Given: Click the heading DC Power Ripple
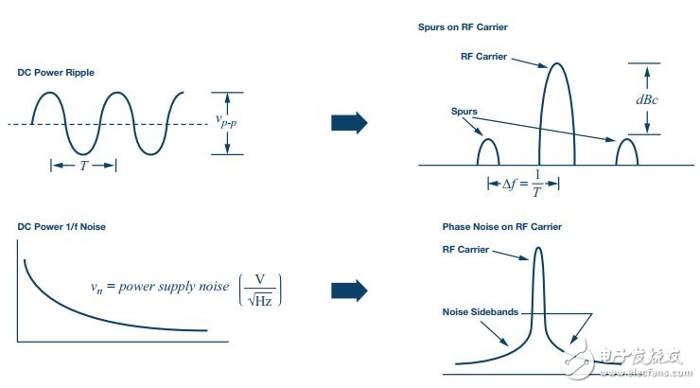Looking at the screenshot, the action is coord(56,72).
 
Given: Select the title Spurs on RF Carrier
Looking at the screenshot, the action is coord(463,26).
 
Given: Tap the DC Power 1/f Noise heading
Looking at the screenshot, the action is coord(61,226).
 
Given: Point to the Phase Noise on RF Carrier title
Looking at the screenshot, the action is coord(501,226).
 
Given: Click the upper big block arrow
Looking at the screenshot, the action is coord(349,123).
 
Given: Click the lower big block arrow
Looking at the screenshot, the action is coord(349,291).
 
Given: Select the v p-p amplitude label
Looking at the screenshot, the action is coord(226,120).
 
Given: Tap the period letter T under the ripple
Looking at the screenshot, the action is coord(83,166).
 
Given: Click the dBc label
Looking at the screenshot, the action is coord(647,99).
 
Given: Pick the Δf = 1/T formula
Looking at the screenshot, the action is coord(523,183).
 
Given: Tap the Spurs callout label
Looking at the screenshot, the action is coord(464,111).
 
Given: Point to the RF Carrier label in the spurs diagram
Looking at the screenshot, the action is coord(483,56).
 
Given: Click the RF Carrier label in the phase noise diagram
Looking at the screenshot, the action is coord(465,249).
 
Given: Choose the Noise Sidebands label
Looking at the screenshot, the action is coord(480,311).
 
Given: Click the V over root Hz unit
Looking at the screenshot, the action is coord(260,291).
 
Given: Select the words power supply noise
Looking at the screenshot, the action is coord(174,286).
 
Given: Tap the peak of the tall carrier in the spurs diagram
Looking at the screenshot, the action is coord(557,63).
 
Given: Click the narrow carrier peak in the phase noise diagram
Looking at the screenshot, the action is coord(538,248).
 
